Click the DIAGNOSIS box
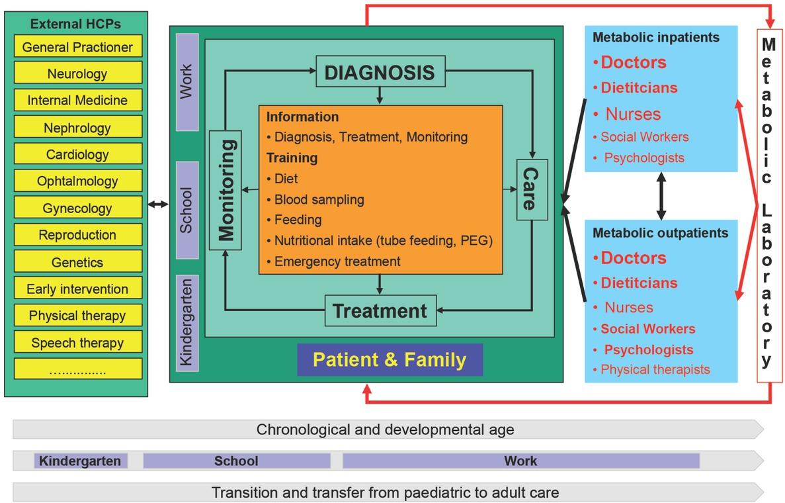pyautogui.click(x=380, y=71)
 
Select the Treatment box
pyautogui.click(x=380, y=310)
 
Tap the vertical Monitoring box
pyautogui.click(x=225, y=191)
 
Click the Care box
pyautogui.click(x=532, y=189)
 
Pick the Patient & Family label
pyautogui.click(x=390, y=360)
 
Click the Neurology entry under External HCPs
pyautogui.click(x=77, y=74)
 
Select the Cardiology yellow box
pyautogui.click(x=77, y=155)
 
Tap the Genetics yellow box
pyautogui.click(x=77, y=262)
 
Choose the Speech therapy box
pyautogui.click(x=77, y=343)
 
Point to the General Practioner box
pyautogui.click(x=77, y=47)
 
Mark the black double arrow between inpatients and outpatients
pyautogui.click(x=661, y=196)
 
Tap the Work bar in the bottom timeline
pyautogui.click(x=520, y=461)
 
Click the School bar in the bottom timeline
pyautogui.click(x=236, y=461)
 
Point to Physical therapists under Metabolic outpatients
pyautogui.click(x=655, y=370)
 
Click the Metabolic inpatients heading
pyautogui.click(x=655, y=38)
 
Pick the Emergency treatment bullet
pyautogui.click(x=337, y=261)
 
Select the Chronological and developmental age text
pyautogui.click(x=385, y=430)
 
